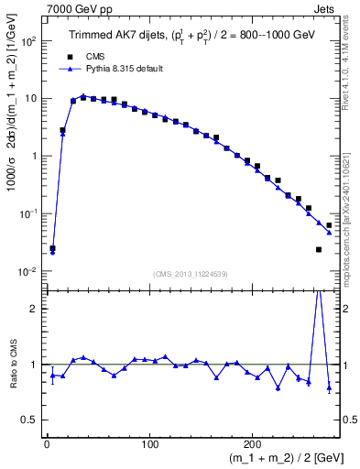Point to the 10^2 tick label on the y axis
click(x=29, y=42)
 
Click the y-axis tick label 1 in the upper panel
click(x=35, y=157)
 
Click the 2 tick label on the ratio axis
click(x=35, y=309)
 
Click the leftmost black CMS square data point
click(x=52, y=248)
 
